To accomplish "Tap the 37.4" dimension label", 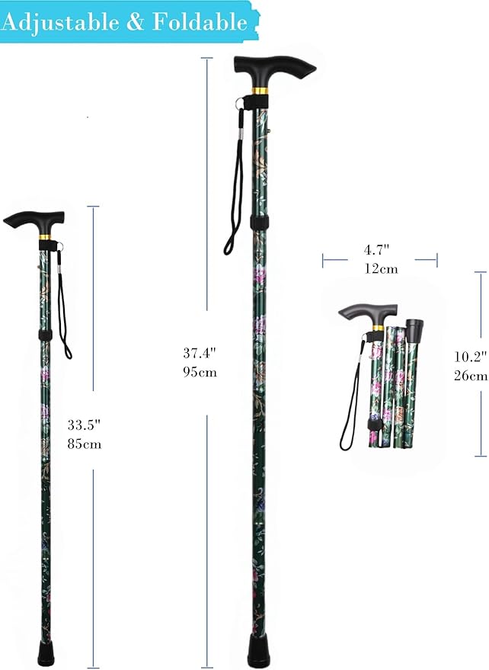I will tap(200, 353).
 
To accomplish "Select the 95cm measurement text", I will tap(200, 373).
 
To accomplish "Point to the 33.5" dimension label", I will tap(85, 425).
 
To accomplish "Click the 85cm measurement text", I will tap(85, 444).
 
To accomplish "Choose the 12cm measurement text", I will tap(380, 268).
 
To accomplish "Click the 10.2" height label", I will tap(468, 355).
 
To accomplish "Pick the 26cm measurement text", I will tap(469, 375).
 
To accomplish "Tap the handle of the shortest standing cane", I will tap(35, 220).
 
